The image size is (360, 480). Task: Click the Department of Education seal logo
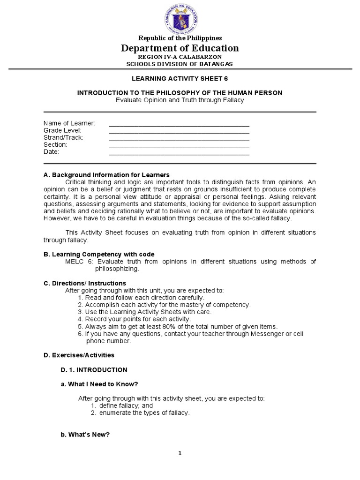(x=180, y=17)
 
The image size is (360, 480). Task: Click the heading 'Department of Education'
(x=180, y=48)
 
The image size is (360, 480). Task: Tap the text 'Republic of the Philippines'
(x=180, y=38)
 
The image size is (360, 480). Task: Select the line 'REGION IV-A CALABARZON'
(x=180, y=57)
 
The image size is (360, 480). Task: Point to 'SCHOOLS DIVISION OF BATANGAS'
(x=180, y=64)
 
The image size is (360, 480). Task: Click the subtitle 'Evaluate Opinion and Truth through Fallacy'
(x=180, y=100)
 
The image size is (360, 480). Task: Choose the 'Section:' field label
(x=55, y=145)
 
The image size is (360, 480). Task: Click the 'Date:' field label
(x=52, y=152)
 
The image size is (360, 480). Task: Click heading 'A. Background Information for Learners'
(x=106, y=175)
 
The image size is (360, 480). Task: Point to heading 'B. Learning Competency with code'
(x=99, y=254)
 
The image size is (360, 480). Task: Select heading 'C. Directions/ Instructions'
(x=85, y=283)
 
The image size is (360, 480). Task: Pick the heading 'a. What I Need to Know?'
(x=99, y=384)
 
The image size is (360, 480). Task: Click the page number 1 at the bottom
(x=180, y=453)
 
